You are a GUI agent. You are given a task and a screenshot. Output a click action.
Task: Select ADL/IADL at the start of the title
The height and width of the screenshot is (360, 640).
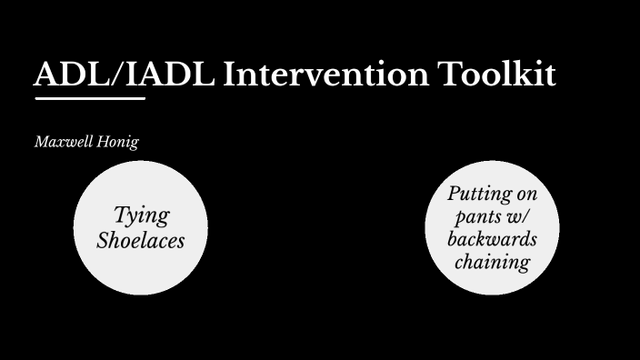point(125,75)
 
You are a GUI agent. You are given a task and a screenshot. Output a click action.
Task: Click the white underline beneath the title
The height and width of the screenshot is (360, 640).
point(90,98)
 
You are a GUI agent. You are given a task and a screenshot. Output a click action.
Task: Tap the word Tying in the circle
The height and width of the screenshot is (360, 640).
point(141,215)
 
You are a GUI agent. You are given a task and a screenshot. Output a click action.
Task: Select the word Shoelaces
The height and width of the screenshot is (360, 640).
point(141,241)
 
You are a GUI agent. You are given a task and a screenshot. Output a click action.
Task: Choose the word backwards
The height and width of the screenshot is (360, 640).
point(492,240)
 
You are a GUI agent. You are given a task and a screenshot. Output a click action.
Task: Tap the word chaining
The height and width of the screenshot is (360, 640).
point(492,263)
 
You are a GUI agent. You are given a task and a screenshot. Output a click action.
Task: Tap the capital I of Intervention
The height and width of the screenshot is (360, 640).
point(228,75)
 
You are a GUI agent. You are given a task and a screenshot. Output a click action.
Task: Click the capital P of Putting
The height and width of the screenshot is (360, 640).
point(454,194)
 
